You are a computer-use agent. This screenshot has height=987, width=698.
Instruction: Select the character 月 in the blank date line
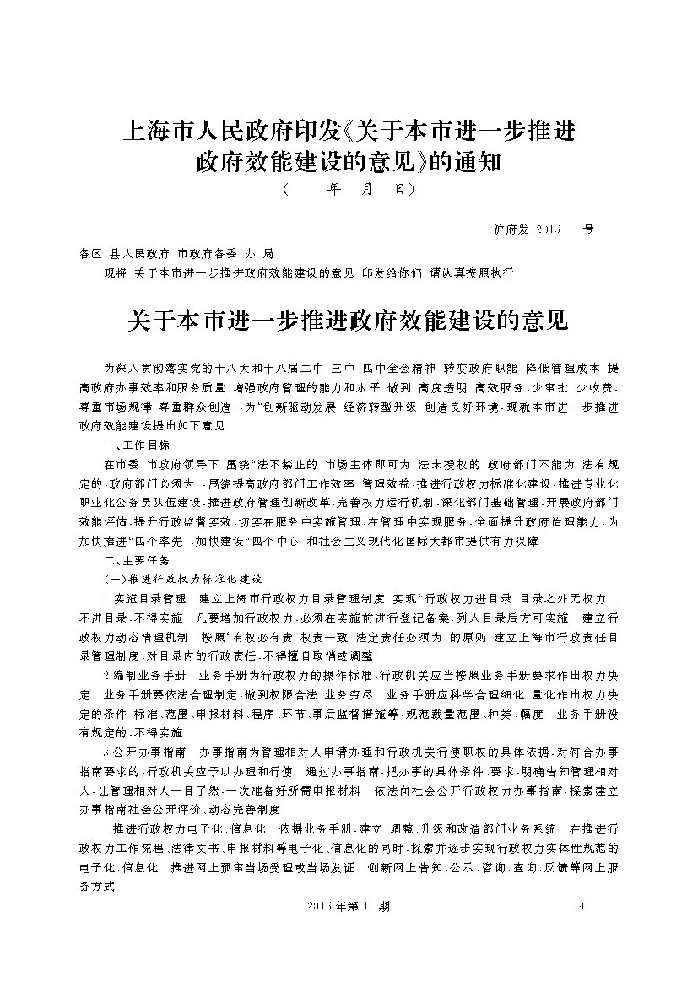[365, 191]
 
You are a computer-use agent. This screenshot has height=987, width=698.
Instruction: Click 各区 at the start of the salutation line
[89, 253]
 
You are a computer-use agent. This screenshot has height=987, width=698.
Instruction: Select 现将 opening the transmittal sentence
[114, 274]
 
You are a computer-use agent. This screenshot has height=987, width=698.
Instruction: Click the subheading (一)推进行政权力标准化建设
[182, 580]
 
